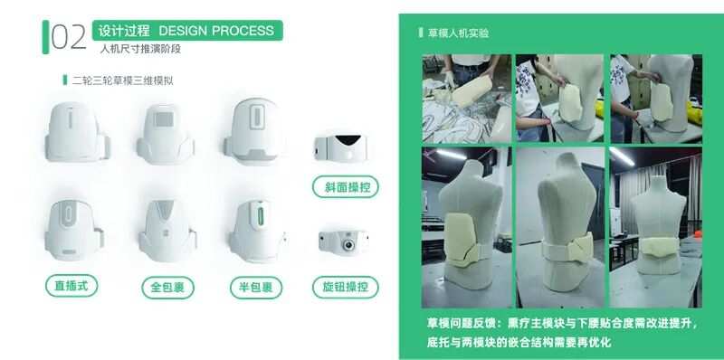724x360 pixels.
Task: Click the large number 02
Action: pyautogui.click(x=69, y=37)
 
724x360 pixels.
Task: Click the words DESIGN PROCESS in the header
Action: pyautogui.click(x=216, y=31)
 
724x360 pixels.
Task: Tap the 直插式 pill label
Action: pyautogui.click(x=71, y=286)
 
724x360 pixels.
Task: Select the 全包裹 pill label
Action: pyautogui.click(x=167, y=288)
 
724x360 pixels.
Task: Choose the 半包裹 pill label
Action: pyautogui.click(x=256, y=288)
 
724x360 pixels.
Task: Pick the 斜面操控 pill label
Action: pyautogui.click(x=346, y=187)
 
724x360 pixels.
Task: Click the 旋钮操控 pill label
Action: pyautogui.click(x=346, y=287)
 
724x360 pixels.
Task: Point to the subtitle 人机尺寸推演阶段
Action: pyautogui.click(x=140, y=49)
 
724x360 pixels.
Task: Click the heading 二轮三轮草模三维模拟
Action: pyautogui.click(x=123, y=81)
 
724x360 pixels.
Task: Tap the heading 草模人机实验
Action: pyautogui.click(x=458, y=33)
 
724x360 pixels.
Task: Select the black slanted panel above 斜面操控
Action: pyautogui.click(x=348, y=139)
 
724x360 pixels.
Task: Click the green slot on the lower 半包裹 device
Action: pyautogui.click(x=261, y=216)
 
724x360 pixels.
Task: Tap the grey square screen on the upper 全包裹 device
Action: pyautogui.click(x=164, y=119)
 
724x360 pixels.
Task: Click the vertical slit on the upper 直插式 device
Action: pyautogui.click(x=71, y=119)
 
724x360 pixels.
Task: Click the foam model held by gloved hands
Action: pyautogui.click(x=472, y=90)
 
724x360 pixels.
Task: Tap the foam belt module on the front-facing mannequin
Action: pyautogui.click(x=658, y=249)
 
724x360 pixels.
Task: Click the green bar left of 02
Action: pyautogui.click(x=45, y=37)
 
